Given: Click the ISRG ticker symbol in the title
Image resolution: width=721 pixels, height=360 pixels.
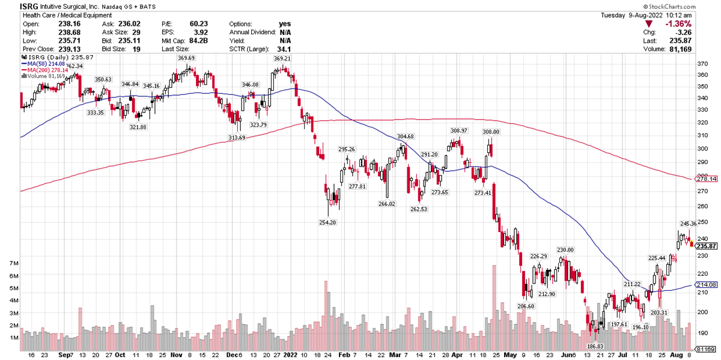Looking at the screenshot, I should [x=12, y=6].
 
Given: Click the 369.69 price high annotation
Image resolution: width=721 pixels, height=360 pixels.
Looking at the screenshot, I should [x=186, y=58].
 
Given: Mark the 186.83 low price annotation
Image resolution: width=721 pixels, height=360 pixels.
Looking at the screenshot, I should [x=594, y=347].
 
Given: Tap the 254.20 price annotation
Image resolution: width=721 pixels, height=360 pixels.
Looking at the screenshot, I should [x=328, y=222].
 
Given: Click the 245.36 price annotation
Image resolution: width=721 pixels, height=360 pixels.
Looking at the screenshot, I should [x=689, y=224].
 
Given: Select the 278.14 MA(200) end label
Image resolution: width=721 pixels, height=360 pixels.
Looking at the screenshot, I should [x=709, y=179].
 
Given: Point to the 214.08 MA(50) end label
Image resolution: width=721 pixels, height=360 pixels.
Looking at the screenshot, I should [x=709, y=284].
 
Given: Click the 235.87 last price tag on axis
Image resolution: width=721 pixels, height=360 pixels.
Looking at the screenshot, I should [x=709, y=246].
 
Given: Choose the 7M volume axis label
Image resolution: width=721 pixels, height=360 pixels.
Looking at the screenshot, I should [x=12, y=263].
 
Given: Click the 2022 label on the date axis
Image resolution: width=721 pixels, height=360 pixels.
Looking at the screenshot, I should [x=290, y=355].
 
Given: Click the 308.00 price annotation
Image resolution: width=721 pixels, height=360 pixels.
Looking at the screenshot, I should [x=491, y=132].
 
